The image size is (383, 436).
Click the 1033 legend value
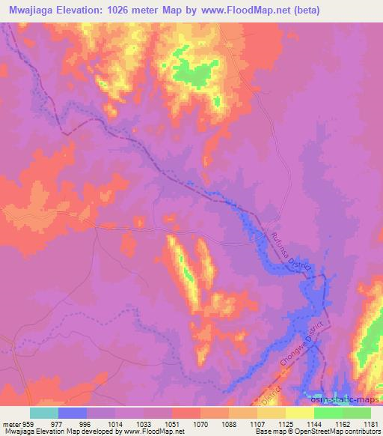(x=144, y=423)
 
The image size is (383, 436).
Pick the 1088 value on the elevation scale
(x=230, y=423)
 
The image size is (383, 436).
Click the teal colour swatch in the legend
(x=44, y=413)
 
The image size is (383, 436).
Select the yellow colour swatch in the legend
(x=300, y=413)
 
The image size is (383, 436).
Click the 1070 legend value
(x=201, y=423)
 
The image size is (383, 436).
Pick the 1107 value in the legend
(x=259, y=423)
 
